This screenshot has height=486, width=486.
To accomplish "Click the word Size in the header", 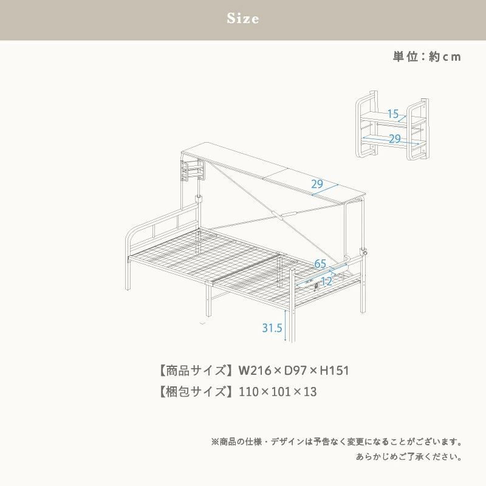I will coord(243,19).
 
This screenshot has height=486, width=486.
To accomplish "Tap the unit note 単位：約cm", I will coord(426,56).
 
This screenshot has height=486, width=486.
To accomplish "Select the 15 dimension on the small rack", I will coord(392,114).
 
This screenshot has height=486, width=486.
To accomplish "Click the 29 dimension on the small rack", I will coord(395,139).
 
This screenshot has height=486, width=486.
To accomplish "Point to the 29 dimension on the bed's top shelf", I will coord(317,185).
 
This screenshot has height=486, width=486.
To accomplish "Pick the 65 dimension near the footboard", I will coord(320,263).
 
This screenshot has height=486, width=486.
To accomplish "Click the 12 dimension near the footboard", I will coord(326,281).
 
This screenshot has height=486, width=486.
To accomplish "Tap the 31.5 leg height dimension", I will coord(272,328).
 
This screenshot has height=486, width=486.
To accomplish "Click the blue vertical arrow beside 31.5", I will coord(286,326).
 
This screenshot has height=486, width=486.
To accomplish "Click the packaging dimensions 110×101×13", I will coord(278,392).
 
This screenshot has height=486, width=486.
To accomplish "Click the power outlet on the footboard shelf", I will coord(316,287).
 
